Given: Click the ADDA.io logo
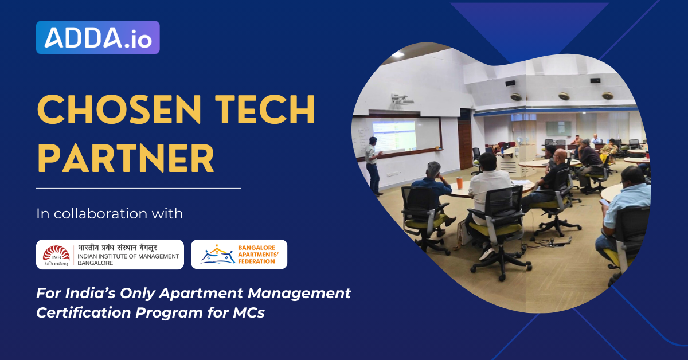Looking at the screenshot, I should [97, 37].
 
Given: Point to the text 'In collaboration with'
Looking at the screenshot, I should [110, 214].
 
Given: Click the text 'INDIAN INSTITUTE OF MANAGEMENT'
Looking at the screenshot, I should [128, 256].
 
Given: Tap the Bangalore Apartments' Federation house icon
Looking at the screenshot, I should [216, 255].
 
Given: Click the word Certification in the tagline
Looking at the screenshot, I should [87, 313].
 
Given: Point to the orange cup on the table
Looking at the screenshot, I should [459, 182].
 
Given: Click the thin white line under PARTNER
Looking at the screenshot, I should [138, 187].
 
